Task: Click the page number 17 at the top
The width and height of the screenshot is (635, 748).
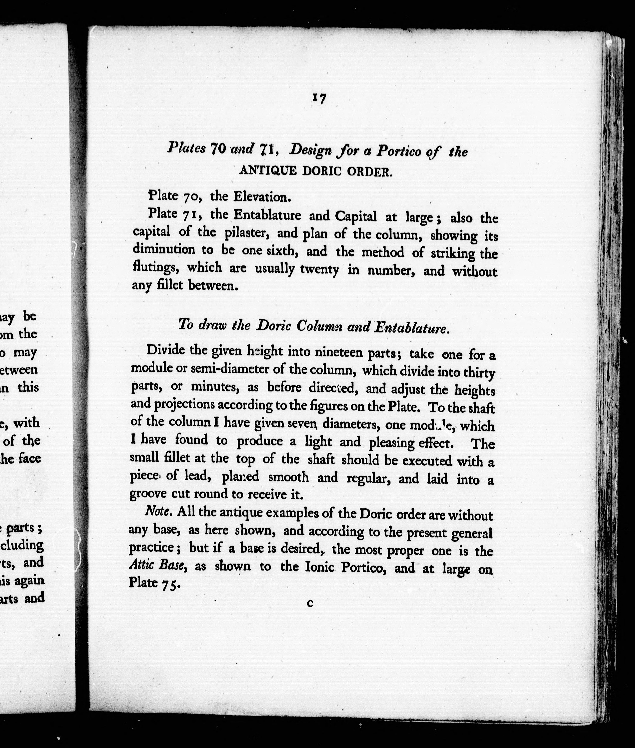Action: tap(319, 98)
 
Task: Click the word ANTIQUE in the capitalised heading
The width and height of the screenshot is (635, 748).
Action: tap(268, 170)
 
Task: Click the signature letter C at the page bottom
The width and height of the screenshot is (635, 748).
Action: tap(310, 604)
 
